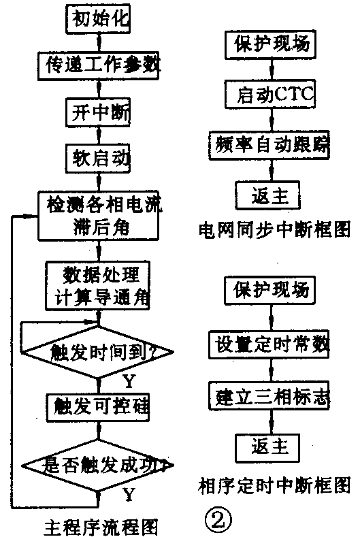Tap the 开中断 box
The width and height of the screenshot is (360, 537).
pos(99,110)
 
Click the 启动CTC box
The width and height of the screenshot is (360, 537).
pos(271,95)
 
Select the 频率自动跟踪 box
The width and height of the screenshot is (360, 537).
pos(271,145)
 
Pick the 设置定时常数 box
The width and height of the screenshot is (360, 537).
pos(271,344)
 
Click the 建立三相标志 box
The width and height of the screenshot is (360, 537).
pos(271,395)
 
